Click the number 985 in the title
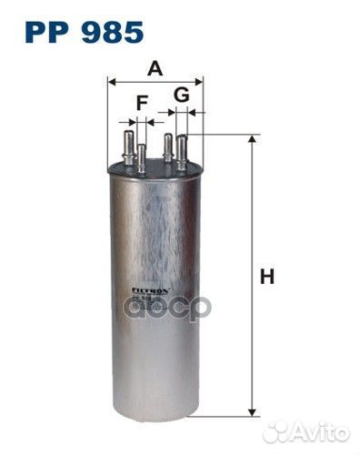(x=110, y=33)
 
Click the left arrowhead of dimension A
(x=112, y=81)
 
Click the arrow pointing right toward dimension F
(x=124, y=119)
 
